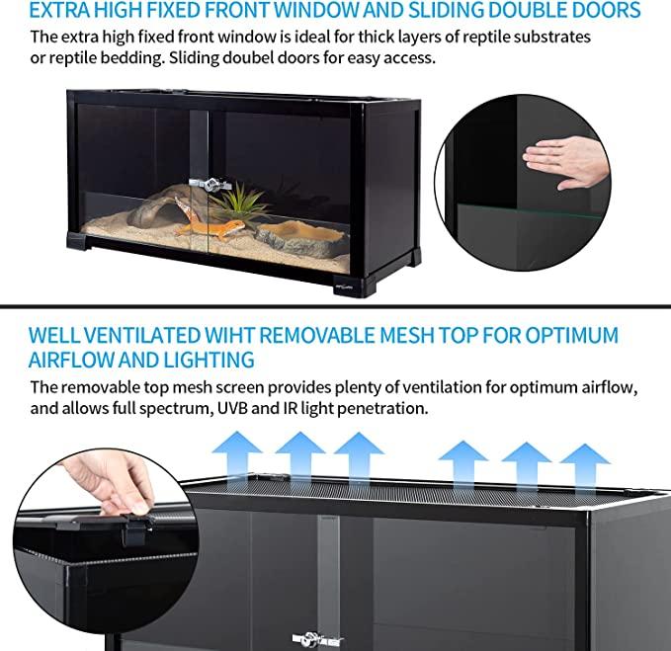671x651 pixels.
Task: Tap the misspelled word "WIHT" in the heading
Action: click(229, 335)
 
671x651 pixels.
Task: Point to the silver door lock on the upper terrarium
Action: click(210, 185)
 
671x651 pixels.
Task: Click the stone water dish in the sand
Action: click(298, 239)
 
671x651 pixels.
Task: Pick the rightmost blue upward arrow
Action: click(585, 467)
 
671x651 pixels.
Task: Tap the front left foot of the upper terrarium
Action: click(77, 241)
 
